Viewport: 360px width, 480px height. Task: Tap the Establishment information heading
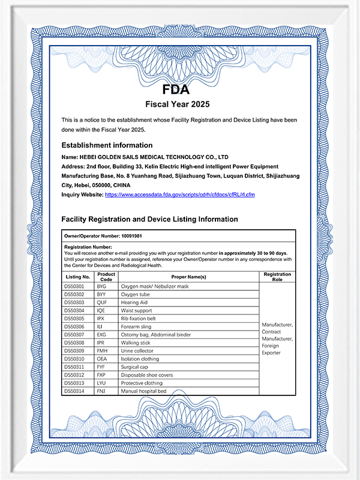pos(107,145)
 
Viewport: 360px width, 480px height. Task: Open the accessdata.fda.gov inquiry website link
pos(180,195)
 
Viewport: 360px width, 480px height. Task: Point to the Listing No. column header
pos(77,277)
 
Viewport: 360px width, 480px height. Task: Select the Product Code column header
pos(106,277)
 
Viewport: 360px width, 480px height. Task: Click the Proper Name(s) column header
pos(188,277)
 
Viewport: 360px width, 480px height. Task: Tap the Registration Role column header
pos(277,277)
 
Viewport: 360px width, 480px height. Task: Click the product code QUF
pos(101,304)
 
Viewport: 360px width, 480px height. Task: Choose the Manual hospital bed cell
pos(143,391)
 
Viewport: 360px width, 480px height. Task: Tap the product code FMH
pos(101,351)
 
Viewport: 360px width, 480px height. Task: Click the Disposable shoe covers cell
pos(148,375)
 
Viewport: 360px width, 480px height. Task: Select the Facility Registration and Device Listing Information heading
pos(149,220)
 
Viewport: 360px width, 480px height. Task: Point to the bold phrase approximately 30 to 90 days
pos(253,253)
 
